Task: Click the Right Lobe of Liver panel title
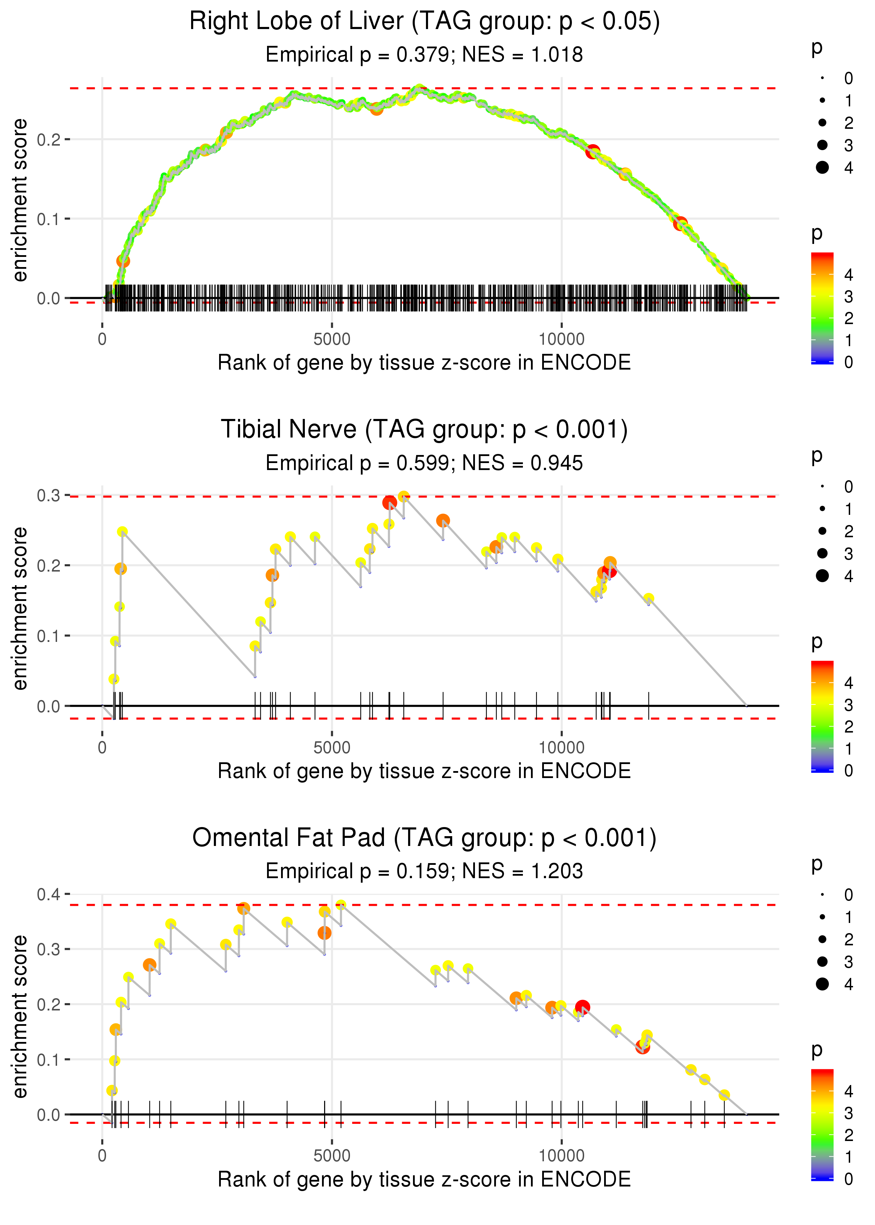425,22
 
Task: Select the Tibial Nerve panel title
425,430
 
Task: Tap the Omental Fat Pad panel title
425,838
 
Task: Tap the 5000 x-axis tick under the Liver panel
332,339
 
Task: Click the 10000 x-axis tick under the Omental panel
561,1156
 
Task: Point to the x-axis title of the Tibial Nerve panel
425,771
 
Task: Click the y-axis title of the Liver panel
20,201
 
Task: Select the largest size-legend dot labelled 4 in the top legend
822,168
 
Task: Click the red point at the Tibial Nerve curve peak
390,503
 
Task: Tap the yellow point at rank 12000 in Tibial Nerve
649,598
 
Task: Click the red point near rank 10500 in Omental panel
582,1007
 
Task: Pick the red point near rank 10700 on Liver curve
593,151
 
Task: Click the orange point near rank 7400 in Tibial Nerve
443,520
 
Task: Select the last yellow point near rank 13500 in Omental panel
724,1095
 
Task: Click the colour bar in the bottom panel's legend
822,1124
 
